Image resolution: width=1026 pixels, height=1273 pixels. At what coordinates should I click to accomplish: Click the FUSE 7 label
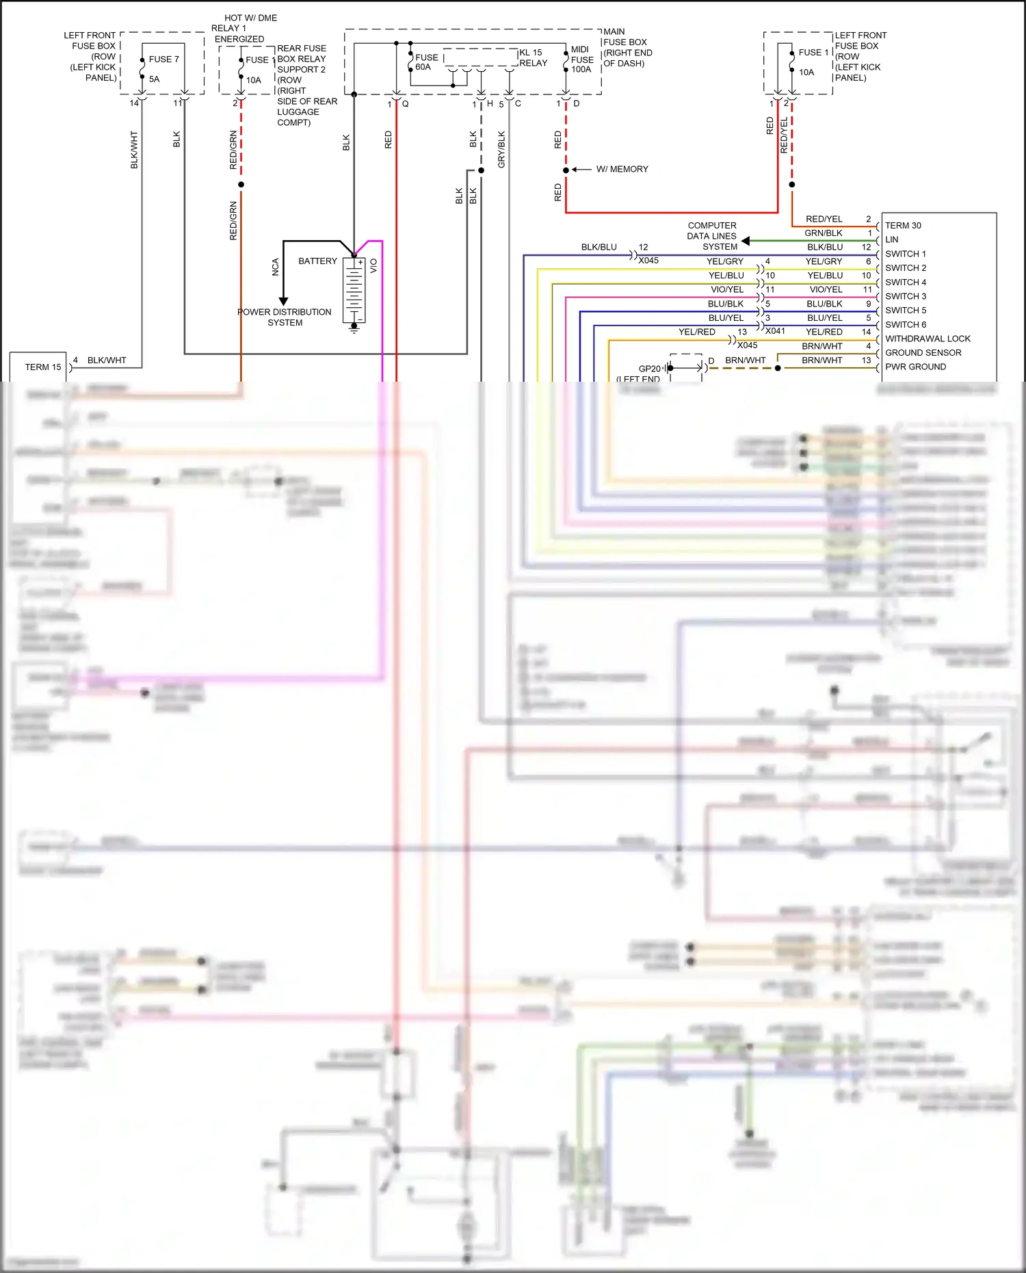point(163,60)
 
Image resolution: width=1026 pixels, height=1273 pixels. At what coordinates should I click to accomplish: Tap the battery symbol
point(354,290)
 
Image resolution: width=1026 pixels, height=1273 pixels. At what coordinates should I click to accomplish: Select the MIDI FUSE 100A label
point(582,60)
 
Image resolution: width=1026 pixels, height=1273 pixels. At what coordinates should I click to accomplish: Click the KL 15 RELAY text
point(533,57)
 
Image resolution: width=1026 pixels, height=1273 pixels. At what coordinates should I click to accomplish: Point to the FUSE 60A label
point(425,62)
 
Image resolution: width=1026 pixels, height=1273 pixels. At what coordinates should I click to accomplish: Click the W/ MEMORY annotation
point(622,169)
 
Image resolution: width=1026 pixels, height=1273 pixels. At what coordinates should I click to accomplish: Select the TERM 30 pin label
point(903,226)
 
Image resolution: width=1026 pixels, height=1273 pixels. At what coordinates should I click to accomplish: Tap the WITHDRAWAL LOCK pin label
point(928,339)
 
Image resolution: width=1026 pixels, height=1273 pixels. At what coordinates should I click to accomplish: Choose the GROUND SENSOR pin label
point(923,353)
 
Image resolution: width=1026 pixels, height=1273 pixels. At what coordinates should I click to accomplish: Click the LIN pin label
point(891,239)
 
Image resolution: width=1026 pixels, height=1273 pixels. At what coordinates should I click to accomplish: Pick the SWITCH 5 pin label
point(906,311)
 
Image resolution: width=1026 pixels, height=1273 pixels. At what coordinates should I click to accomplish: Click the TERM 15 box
point(38,367)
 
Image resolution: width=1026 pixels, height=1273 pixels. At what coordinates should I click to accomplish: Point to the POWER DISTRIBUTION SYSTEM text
point(284,317)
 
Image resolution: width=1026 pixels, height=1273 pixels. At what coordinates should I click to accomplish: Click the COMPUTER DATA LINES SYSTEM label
point(712,236)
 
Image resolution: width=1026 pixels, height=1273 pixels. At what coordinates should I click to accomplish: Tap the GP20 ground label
point(649,369)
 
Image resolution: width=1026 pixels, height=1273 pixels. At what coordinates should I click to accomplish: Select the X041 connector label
point(775,331)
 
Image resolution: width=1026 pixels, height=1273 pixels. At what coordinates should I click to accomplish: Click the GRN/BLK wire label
point(824,233)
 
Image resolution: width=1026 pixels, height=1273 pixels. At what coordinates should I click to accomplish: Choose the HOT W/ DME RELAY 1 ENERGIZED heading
point(244,28)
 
